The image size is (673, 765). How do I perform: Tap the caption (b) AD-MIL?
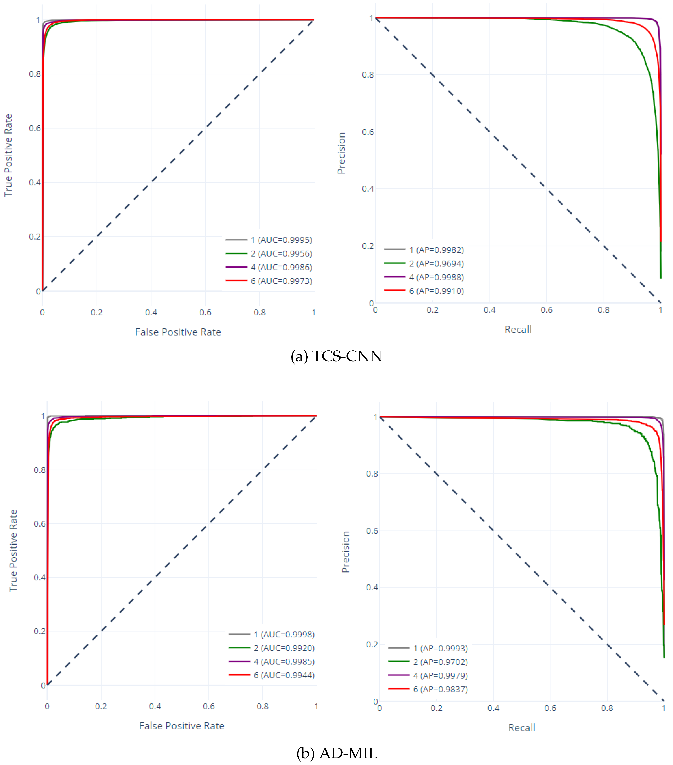pyautogui.click(x=336, y=753)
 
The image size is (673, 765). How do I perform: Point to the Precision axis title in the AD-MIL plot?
pyautogui.click(x=345, y=552)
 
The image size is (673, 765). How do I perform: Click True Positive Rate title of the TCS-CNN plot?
pyautogui.click(x=8, y=155)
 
